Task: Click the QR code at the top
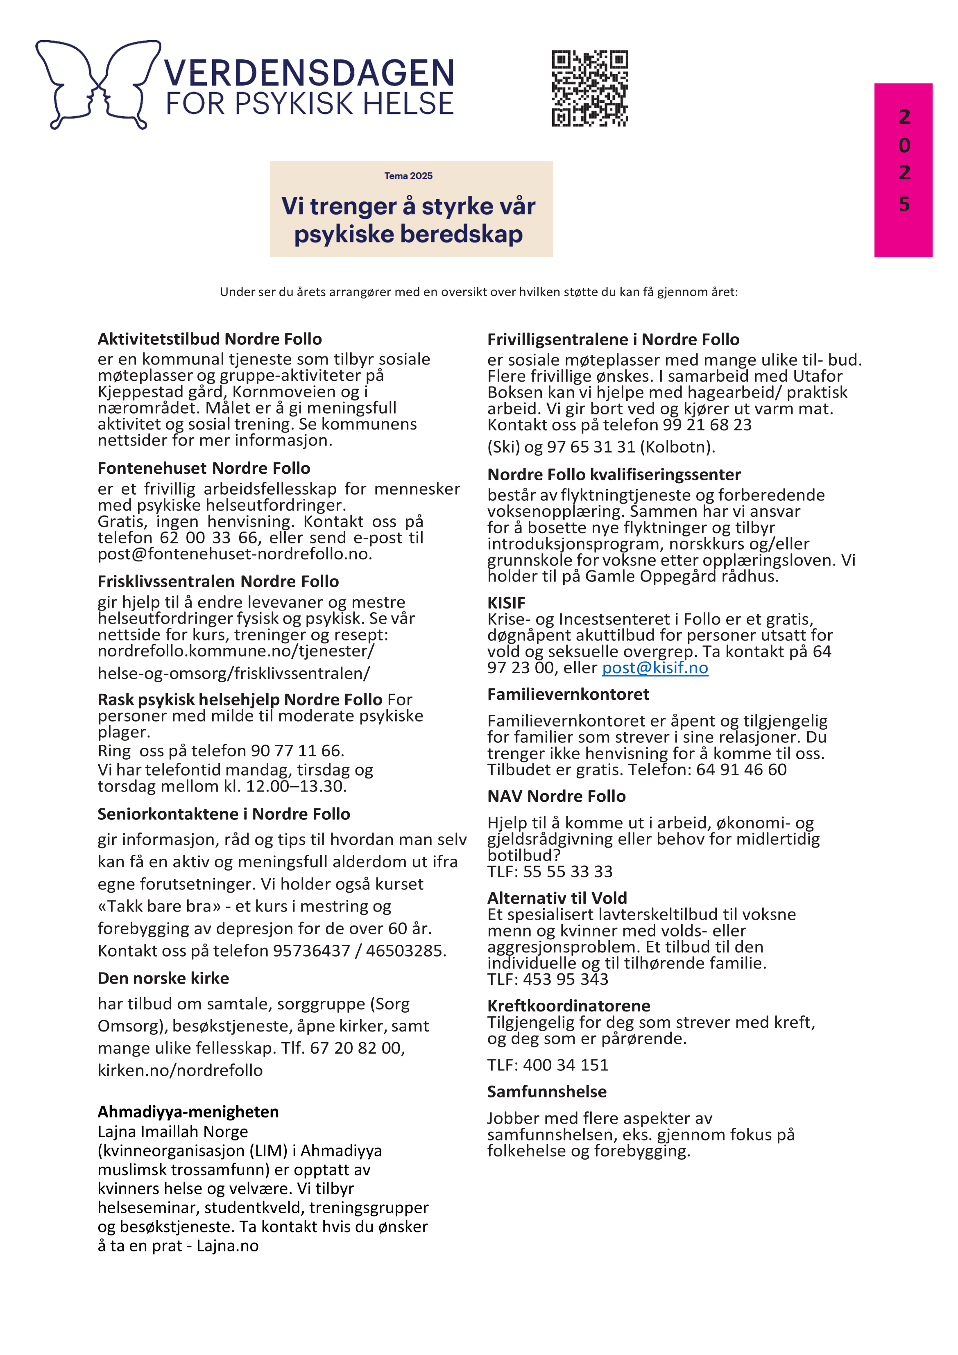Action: click(x=590, y=88)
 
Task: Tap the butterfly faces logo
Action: click(x=97, y=84)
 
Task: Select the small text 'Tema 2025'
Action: click(x=408, y=176)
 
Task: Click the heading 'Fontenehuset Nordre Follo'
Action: click(x=204, y=468)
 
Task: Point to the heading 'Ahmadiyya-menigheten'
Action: click(x=188, y=1111)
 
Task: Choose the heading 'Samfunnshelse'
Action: click(x=547, y=1091)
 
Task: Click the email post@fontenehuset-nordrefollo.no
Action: click(x=234, y=554)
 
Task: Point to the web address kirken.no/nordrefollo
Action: click(x=180, y=1070)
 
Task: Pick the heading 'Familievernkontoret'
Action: click(x=568, y=694)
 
